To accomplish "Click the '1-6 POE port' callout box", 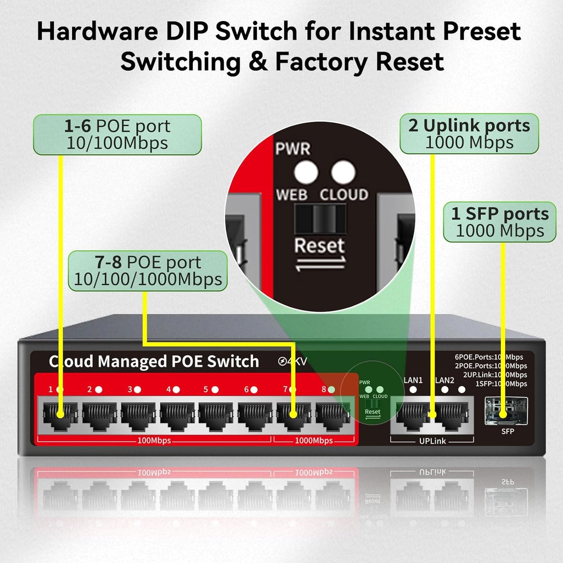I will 117,134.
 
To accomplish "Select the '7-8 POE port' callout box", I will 148,271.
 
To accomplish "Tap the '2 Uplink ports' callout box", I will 469,134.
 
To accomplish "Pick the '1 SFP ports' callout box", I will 500,222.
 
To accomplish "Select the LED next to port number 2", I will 99,389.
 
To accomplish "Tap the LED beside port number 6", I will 254,389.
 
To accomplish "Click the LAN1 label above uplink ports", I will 413,380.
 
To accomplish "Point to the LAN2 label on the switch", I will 445,380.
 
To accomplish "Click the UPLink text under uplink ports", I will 432,441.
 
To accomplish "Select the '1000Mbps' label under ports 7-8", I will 314,441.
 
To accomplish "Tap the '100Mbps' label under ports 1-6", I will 154,441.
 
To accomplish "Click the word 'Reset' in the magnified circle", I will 319,246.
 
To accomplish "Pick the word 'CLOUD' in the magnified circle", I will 344,194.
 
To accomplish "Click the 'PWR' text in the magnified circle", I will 293,149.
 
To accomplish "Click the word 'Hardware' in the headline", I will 97,31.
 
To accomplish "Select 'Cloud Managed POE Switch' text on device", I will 154,362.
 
